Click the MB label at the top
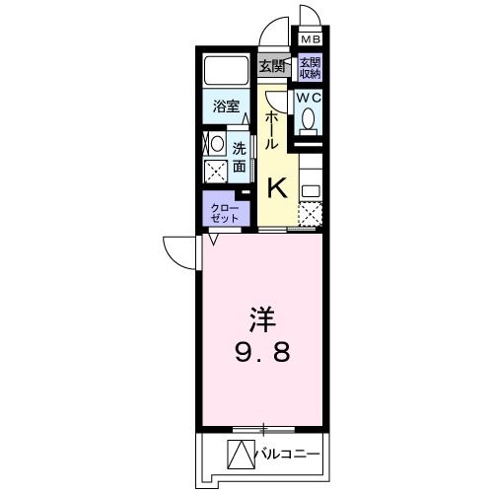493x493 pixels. pos(311,40)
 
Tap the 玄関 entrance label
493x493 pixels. pos(272,67)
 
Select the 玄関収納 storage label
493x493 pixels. pos(311,68)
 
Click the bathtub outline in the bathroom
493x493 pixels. pos(227,72)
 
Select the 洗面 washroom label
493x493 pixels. pos(240,158)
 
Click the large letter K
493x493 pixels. pos(278,184)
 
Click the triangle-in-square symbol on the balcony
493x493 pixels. pos(243,455)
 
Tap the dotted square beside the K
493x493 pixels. pos(312,214)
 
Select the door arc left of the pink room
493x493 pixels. pos(180,254)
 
